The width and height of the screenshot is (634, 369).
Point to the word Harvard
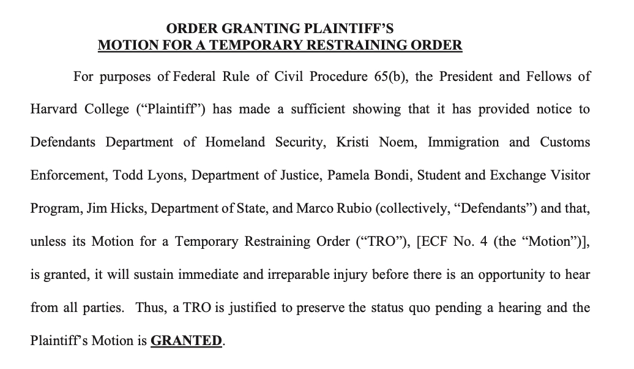[54, 110]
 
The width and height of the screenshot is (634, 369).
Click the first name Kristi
[355, 142]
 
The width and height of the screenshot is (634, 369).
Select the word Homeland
[236, 142]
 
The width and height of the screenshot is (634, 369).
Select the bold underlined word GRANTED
[186, 341]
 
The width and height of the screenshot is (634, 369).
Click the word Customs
[565, 142]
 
